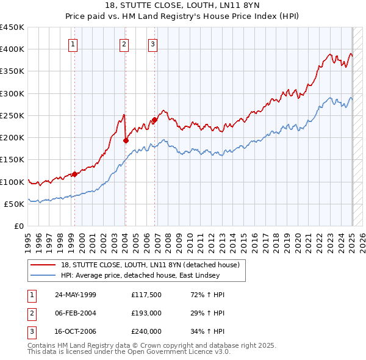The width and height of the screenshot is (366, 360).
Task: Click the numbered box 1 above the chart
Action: pyautogui.click(x=73, y=43)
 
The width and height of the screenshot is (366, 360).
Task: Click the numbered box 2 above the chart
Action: pyautogui.click(x=124, y=43)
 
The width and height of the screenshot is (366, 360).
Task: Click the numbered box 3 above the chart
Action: pyautogui.click(x=152, y=43)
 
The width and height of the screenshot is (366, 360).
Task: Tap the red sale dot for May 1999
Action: pyautogui.click(x=74, y=174)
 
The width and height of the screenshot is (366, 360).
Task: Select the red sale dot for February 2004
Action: pyautogui.click(x=126, y=140)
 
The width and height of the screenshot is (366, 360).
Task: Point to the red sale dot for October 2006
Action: pyautogui.click(x=154, y=120)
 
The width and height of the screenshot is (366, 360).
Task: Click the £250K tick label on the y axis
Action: pyautogui.click(x=12, y=115)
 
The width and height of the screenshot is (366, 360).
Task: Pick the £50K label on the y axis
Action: pyautogui.click(x=15, y=204)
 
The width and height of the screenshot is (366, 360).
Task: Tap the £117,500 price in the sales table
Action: pyautogui.click(x=146, y=295)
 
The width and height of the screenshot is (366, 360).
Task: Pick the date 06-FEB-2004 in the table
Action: pyautogui.click(x=76, y=313)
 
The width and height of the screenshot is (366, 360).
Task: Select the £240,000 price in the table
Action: pyautogui.click(x=146, y=331)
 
